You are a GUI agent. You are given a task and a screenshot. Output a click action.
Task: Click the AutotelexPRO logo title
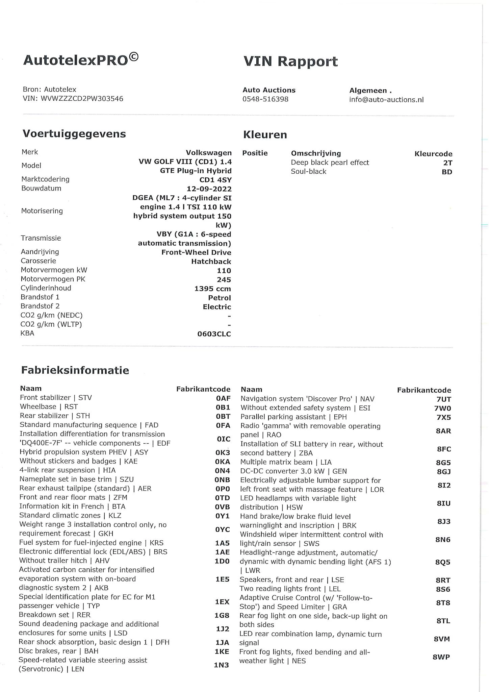point(81,60)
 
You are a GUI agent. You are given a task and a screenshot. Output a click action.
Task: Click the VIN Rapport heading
point(290,61)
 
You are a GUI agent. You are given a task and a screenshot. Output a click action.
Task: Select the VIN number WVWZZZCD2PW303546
point(82,99)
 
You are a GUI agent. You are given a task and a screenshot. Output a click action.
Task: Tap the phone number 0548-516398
point(265,99)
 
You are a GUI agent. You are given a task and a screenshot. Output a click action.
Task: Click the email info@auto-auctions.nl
point(386,100)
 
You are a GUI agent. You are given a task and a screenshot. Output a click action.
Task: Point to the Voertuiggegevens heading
point(74,134)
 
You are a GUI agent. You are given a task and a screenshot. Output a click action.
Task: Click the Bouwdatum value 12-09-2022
point(209,189)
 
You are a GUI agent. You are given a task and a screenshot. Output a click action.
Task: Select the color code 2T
point(447,163)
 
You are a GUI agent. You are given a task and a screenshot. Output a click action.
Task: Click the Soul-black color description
point(309,171)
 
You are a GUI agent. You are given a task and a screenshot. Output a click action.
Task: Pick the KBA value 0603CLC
point(214,334)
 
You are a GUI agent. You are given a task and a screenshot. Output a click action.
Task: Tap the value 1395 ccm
point(212,289)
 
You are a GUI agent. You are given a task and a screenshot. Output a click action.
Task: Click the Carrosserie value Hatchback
point(211,262)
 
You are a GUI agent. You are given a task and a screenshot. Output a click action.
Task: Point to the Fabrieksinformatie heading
point(75,370)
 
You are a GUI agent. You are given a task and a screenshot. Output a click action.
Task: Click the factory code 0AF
point(223,398)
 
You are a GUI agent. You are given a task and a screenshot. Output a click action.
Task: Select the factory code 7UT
point(444,399)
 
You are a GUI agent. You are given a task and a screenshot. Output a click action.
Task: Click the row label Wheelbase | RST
point(49,406)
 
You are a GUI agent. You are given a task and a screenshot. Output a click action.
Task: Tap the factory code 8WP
point(441,657)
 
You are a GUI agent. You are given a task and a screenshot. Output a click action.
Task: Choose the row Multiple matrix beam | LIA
point(286,462)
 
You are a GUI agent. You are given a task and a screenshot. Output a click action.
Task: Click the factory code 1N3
point(221,665)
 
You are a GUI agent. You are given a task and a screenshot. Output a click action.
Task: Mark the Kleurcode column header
point(433,154)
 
